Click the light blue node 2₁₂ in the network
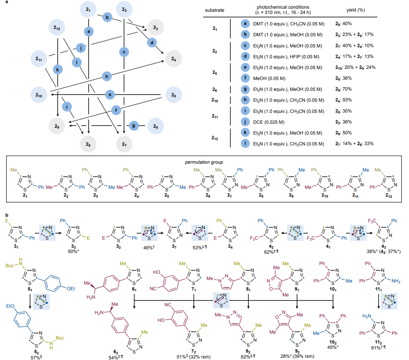click(x=58, y=28)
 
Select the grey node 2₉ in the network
click(x=58, y=125)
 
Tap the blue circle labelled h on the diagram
click(x=108, y=76)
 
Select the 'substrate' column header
click(x=214, y=10)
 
